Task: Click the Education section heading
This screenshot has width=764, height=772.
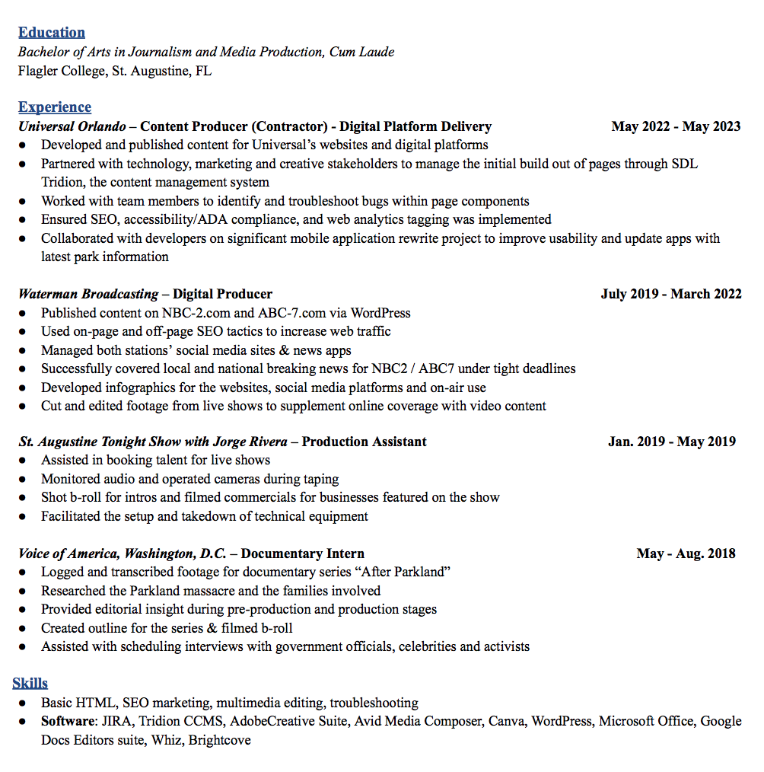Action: [52, 32]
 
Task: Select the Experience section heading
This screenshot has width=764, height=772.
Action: [55, 107]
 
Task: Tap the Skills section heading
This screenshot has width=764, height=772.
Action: [30, 683]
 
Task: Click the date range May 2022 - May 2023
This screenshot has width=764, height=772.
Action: [676, 126]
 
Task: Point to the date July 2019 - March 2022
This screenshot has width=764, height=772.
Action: [671, 294]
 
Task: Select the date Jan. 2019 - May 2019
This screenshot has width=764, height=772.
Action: [672, 442]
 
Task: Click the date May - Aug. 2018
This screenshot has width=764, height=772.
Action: [686, 553]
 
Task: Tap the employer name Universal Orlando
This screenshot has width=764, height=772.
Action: [72, 126]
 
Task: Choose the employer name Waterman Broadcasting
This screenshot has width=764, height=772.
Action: [88, 294]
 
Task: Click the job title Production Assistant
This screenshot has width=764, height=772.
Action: [364, 442]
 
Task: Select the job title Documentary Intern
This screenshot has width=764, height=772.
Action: [302, 553]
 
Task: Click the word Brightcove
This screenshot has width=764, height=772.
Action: [220, 739]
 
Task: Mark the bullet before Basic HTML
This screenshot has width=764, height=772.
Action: [24, 703]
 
